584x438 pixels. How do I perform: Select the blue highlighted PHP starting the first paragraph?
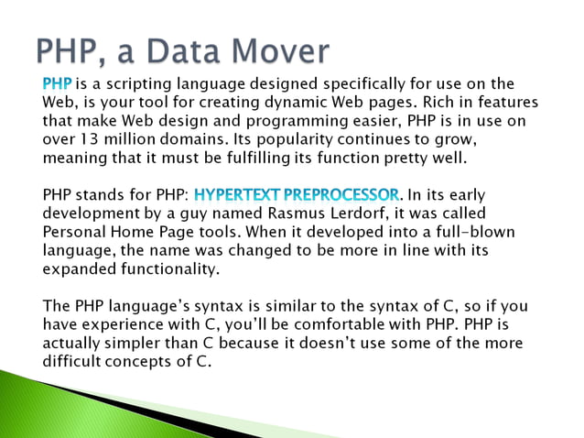coord(58,84)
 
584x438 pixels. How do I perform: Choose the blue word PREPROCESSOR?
coord(342,195)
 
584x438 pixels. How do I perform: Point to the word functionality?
coord(164,269)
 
